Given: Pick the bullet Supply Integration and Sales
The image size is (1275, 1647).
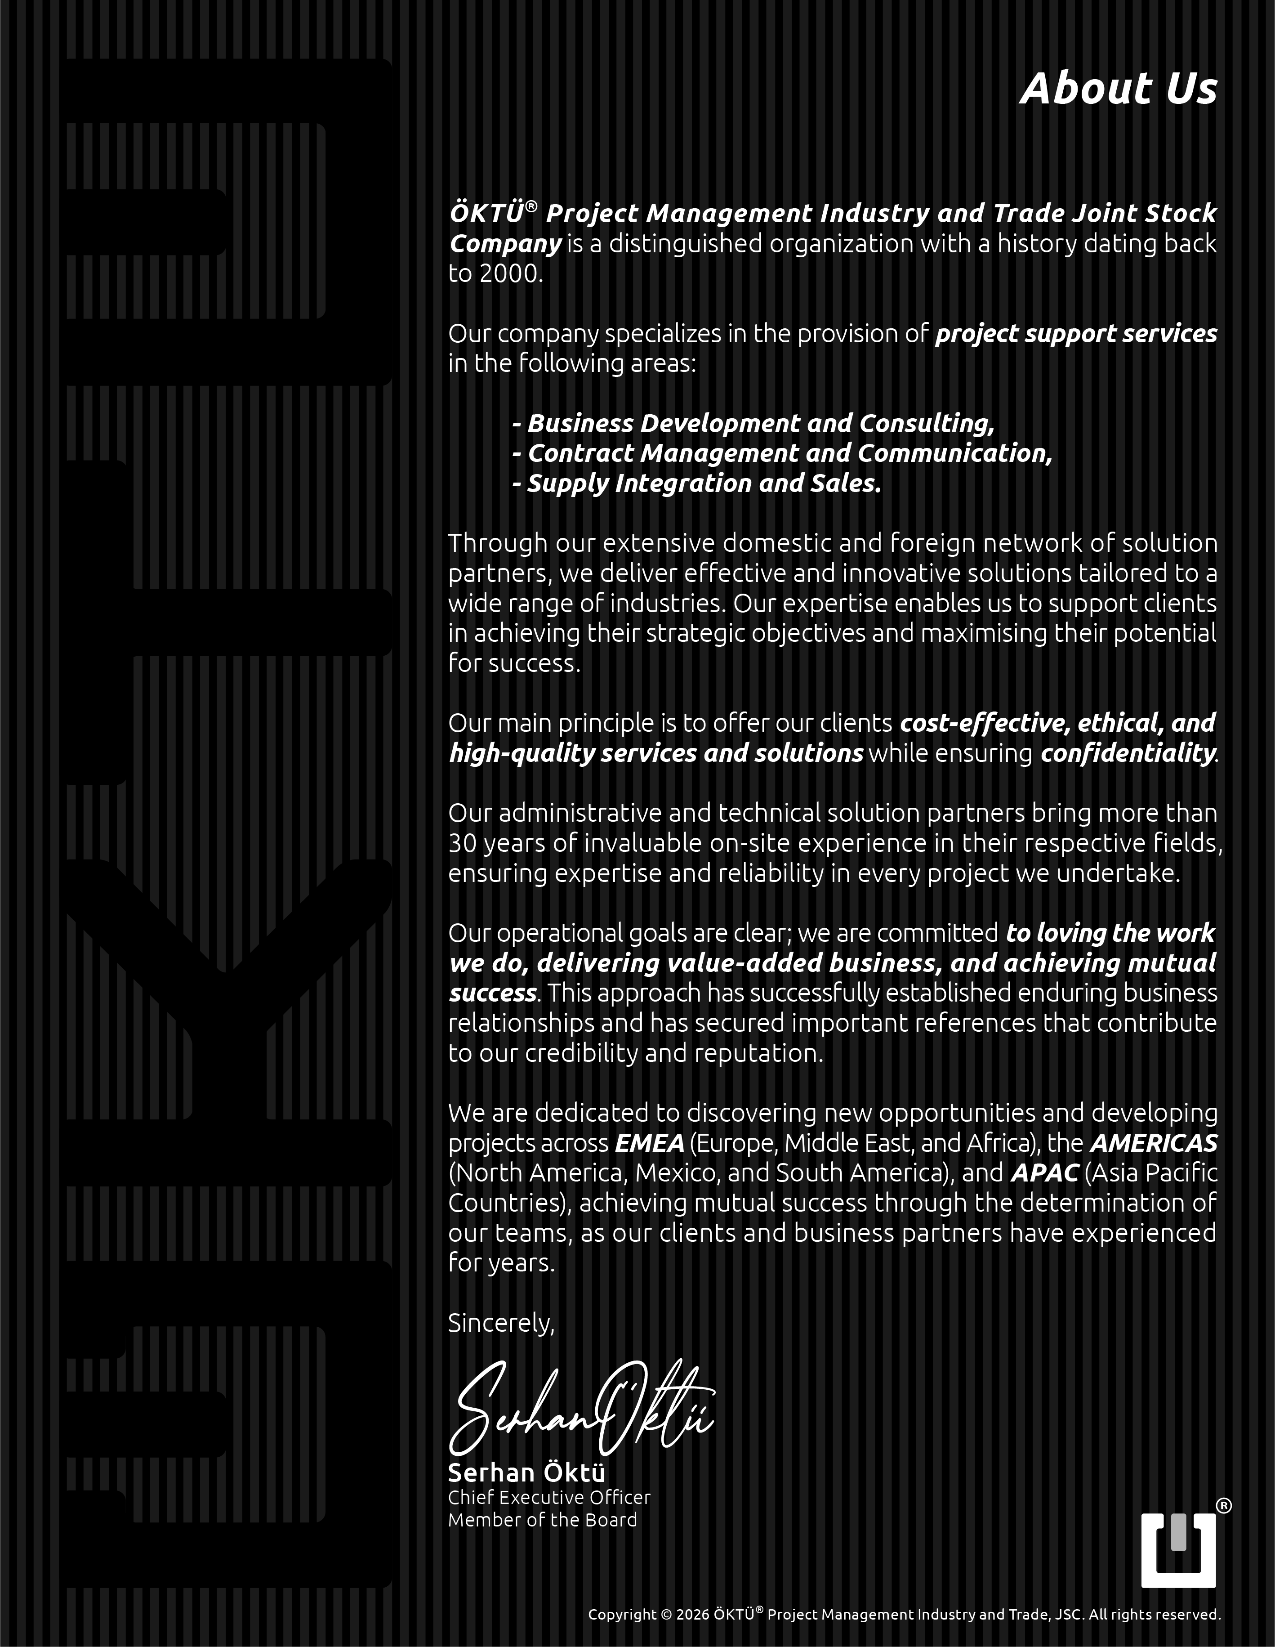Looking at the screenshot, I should point(697,483).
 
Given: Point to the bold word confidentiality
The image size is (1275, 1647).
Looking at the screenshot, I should point(1127,752).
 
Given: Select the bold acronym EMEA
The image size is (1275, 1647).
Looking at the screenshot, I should point(649,1143).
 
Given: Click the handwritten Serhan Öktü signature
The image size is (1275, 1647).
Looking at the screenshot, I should point(580,1410).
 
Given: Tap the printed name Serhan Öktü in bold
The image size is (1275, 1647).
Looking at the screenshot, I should point(526,1473).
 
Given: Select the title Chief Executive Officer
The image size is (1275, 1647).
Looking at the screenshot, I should point(549,1498).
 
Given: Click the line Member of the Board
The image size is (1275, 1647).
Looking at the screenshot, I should point(542,1520).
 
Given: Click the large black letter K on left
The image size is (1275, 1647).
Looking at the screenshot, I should point(226,1003).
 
